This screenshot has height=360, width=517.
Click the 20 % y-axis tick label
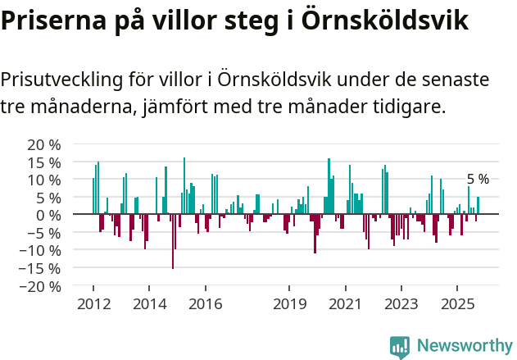(44, 144)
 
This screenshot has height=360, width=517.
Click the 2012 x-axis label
(93, 303)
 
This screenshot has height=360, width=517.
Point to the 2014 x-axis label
(149, 303)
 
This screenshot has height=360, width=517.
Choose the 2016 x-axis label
(205, 303)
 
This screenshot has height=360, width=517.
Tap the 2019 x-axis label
(289, 303)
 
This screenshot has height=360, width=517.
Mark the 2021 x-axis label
(345, 303)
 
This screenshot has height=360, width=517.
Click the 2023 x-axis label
(401, 303)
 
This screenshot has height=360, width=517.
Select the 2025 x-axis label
(456, 303)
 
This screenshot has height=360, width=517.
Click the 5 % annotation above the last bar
(478, 180)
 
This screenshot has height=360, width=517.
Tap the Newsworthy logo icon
(400, 346)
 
